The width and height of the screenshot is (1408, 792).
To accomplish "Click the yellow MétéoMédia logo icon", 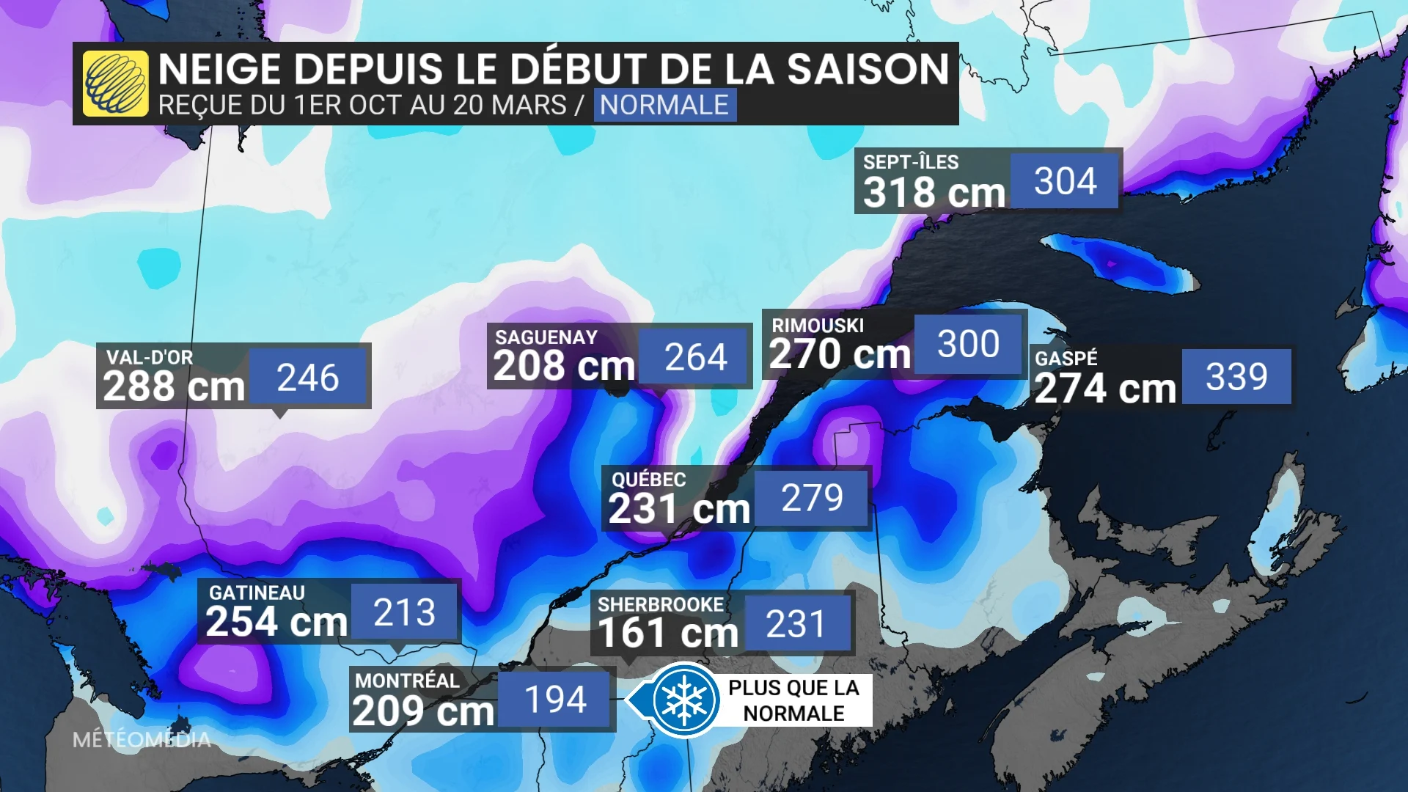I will pyautogui.click(x=115, y=84).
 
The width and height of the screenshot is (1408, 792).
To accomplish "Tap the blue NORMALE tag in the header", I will pyautogui.click(x=664, y=105).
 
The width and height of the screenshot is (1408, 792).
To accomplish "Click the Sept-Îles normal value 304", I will pyautogui.click(x=1065, y=181).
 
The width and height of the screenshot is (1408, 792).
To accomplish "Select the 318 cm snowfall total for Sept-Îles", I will pyautogui.click(x=934, y=193).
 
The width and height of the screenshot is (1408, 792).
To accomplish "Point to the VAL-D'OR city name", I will pyautogui.click(x=150, y=357).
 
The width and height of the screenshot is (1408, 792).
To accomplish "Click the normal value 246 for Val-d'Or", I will pyautogui.click(x=307, y=378).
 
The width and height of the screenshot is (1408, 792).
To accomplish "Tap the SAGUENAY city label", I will pyautogui.click(x=546, y=337).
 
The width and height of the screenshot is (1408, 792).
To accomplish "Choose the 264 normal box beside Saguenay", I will pyautogui.click(x=695, y=357).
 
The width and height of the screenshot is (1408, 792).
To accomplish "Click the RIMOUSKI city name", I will pyautogui.click(x=818, y=326).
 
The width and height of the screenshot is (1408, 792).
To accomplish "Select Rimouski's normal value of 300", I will pyautogui.click(x=968, y=344).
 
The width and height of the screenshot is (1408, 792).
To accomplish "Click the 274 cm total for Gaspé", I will pyautogui.click(x=1104, y=389).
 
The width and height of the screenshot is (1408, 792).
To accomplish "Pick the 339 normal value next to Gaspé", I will pyautogui.click(x=1236, y=377).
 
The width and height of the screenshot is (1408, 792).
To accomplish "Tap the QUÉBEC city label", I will pyautogui.click(x=649, y=480).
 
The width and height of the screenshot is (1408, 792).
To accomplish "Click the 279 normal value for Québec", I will pyautogui.click(x=812, y=498).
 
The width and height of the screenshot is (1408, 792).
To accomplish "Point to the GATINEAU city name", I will pyautogui.click(x=257, y=593).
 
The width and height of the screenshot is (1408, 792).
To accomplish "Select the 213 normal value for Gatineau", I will pyautogui.click(x=404, y=612).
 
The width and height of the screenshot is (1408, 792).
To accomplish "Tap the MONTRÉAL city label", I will pyautogui.click(x=407, y=681).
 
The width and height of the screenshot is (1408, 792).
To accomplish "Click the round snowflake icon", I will pyautogui.click(x=684, y=700).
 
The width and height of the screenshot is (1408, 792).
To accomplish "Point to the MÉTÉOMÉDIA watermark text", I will pyautogui.click(x=142, y=740).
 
